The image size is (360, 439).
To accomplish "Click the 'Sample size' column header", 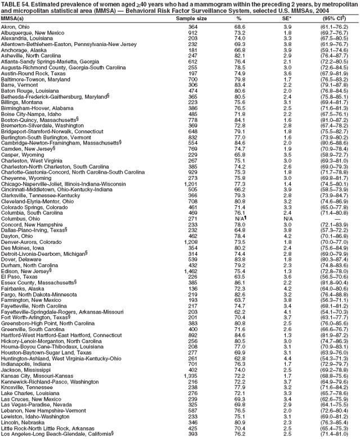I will (x=192, y=19).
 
